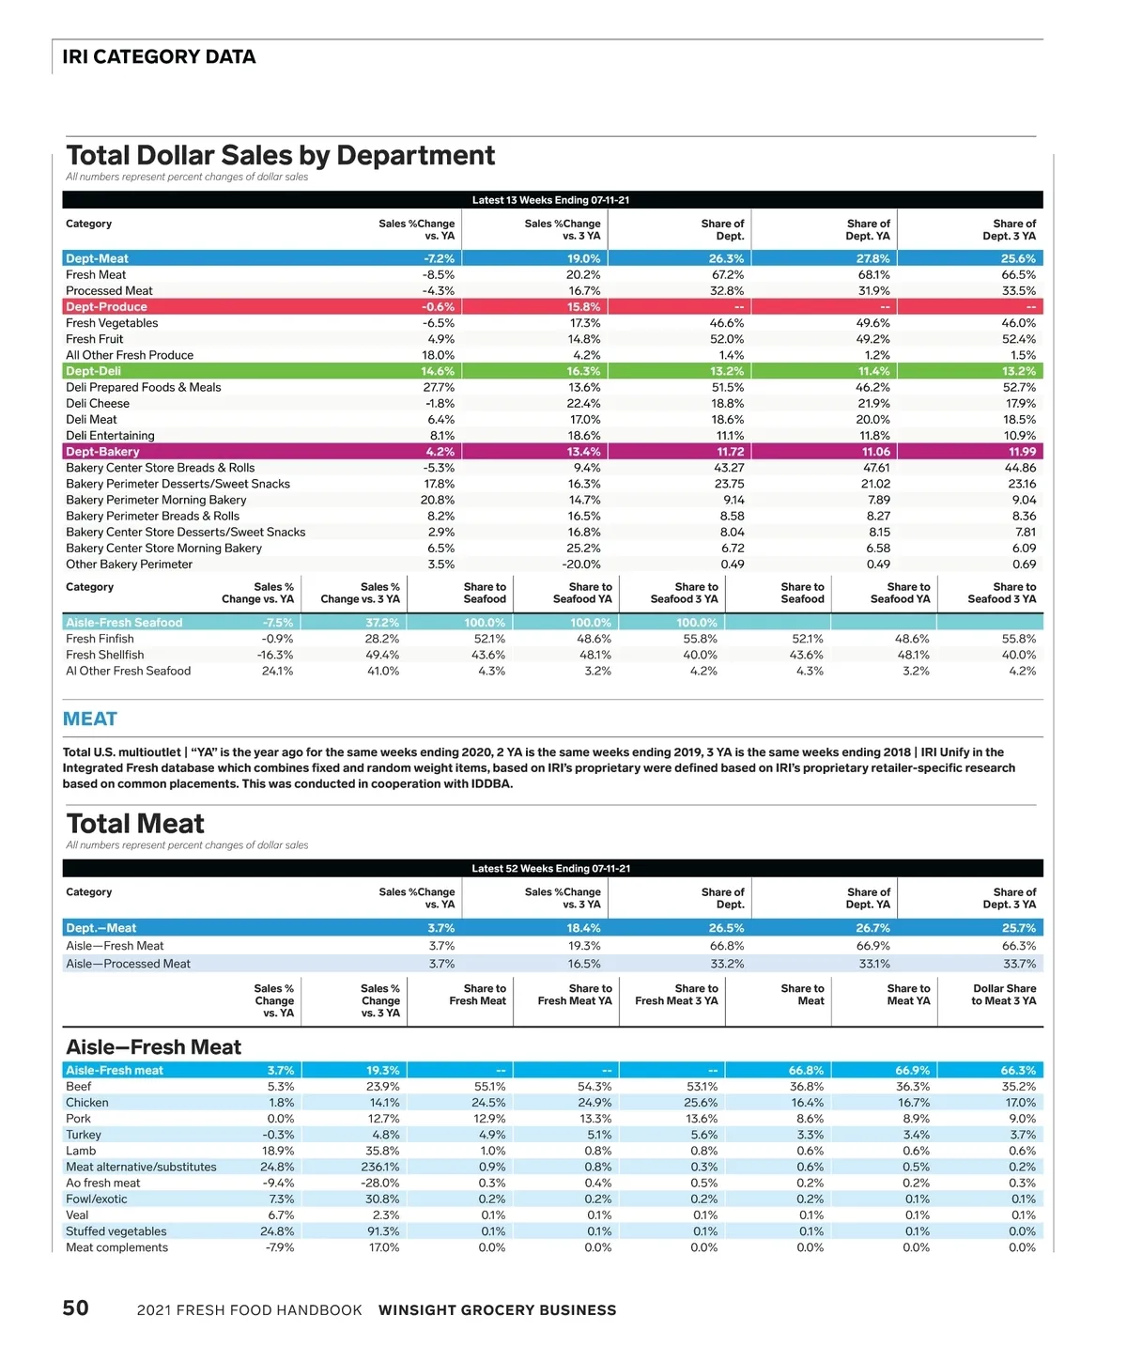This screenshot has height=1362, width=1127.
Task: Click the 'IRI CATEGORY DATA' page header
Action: tap(159, 56)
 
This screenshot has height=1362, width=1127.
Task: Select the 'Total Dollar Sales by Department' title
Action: tap(281, 155)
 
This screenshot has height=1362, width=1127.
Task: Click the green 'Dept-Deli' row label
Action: tap(93, 371)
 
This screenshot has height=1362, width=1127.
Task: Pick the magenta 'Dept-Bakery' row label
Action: tap(102, 452)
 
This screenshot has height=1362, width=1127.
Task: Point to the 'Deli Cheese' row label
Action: tap(98, 404)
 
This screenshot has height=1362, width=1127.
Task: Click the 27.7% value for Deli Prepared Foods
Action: tap(439, 387)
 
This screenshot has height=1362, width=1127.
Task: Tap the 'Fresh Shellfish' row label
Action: tap(105, 655)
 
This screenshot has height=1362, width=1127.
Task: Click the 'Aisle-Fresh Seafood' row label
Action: tap(124, 623)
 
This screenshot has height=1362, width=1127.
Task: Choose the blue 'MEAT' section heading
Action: tap(90, 720)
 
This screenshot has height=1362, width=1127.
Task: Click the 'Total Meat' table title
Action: tap(135, 824)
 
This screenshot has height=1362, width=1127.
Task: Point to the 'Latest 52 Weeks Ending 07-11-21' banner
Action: tap(551, 869)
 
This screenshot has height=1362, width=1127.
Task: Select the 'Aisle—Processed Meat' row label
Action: tap(128, 964)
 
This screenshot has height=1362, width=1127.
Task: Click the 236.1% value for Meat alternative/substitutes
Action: tap(381, 1168)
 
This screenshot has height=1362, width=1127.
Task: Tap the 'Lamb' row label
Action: tap(81, 1152)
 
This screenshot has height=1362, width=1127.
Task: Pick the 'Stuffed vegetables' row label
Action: tap(116, 1231)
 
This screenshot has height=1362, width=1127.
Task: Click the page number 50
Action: tap(76, 1308)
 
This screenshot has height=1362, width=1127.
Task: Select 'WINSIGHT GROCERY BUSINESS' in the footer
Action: tap(497, 1310)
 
